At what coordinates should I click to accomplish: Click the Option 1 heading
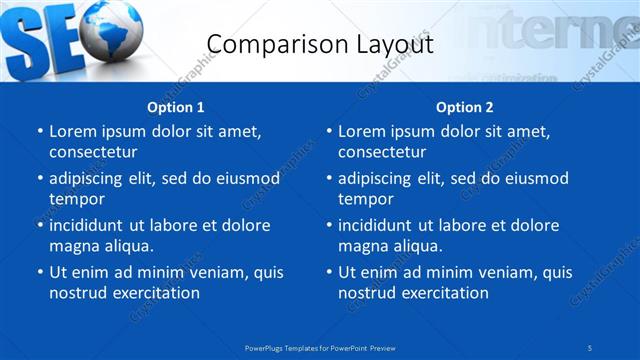tap(176, 107)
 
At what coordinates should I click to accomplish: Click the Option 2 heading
tap(464, 107)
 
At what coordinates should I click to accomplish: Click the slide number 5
tap(591, 347)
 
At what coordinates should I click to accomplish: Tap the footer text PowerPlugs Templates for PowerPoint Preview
tap(319, 347)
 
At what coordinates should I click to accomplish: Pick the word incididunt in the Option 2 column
tap(381, 225)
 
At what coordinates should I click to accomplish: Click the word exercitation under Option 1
tap(153, 293)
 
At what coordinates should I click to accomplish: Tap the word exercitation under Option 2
tap(442, 293)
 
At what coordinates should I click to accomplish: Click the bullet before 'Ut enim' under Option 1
tap(39, 272)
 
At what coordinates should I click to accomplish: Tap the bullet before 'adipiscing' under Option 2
tap(328, 179)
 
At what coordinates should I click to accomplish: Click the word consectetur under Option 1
tap(93, 152)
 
